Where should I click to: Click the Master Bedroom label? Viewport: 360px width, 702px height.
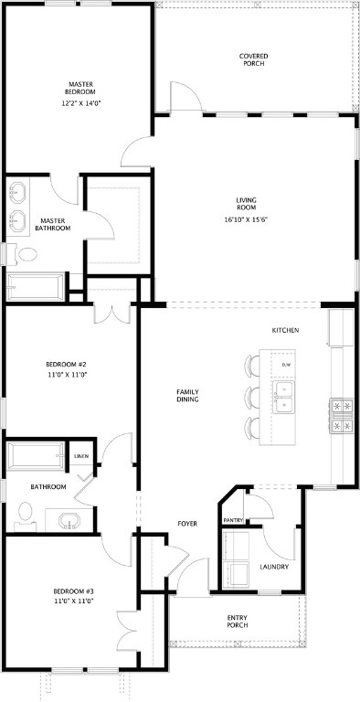point(79,88)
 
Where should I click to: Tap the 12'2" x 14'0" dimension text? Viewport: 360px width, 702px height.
point(79,103)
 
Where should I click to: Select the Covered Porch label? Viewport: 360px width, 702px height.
point(254,59)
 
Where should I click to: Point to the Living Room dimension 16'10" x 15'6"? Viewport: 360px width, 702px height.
point(245,219)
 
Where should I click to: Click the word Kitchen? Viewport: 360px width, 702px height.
point(285,330)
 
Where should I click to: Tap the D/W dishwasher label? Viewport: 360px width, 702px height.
point(286,365)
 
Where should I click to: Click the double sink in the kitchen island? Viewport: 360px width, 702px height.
point(286,397)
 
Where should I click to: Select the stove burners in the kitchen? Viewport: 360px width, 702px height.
point(342,414)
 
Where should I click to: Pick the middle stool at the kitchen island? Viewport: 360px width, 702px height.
point(253,397)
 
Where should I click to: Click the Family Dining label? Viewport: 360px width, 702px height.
point(188,396)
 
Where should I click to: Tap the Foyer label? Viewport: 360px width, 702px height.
point(187,524)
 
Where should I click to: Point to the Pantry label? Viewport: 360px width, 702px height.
point(233,520)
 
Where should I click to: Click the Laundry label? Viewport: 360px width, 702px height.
point(274,567)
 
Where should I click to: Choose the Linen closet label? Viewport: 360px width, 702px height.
point(80,454)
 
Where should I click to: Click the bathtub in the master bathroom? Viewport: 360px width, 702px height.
point(34,287)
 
